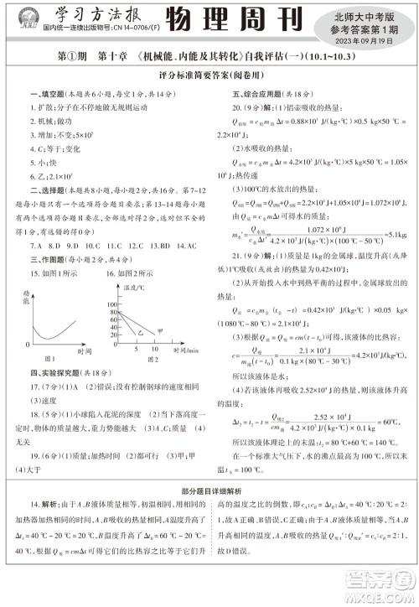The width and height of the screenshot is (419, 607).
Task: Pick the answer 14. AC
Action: (x=185, y=246)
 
